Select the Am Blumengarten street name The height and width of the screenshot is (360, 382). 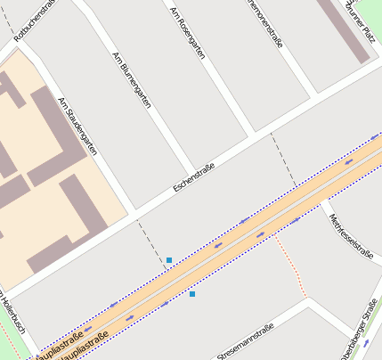pos(132,80)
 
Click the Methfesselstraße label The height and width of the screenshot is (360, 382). pos(349,235)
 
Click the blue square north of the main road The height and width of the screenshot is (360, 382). pos(169,260)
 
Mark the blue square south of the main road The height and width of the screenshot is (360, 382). pos(192,293)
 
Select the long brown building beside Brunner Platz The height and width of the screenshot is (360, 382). pos(348,31)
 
